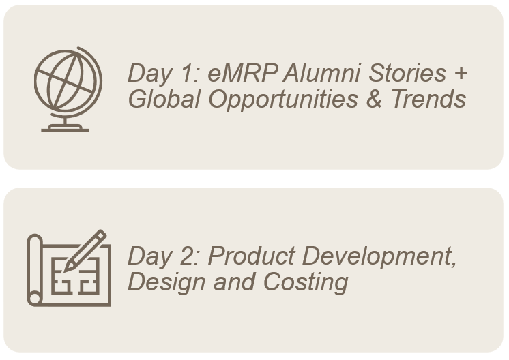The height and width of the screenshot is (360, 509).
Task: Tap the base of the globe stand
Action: tap(65, 129)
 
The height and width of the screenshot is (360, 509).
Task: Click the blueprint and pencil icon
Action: tap(69, 268)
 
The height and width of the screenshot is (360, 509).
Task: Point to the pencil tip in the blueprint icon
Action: tap(66, 269)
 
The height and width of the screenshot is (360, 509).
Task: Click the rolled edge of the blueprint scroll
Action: tap(35, 270)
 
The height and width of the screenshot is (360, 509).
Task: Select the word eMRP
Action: tap(242, 73)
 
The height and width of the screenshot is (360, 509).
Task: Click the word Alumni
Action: tap(321, 73)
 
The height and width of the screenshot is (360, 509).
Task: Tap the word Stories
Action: tap(407, 73)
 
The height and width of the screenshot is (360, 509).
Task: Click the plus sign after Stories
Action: tap(461, 74)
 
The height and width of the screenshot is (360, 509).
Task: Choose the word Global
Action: tap(164, 99)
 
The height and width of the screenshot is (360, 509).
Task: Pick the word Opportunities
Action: tap(283, 100)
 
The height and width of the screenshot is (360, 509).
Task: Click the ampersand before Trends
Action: tap(374, 99)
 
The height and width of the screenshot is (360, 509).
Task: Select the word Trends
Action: tap(428, 99)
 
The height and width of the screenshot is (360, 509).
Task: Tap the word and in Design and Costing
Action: tap(235, 282)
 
